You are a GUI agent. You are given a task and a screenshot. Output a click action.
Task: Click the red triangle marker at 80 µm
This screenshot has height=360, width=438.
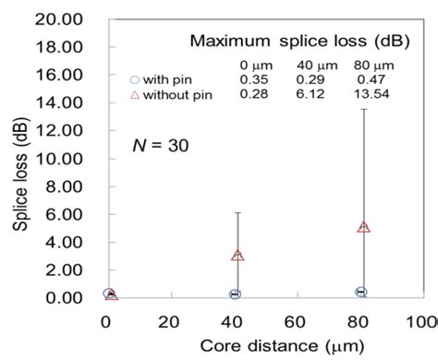coord(364,226)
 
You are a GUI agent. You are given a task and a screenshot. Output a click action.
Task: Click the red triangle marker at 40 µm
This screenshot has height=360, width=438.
coord(237,254)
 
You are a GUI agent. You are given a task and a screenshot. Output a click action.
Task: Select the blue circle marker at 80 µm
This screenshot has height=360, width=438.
coord(361,292)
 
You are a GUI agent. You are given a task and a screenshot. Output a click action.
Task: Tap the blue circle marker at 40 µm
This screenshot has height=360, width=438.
coord(235,294)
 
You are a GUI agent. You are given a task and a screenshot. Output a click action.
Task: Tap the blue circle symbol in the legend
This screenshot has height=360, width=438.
coord(135,80)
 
